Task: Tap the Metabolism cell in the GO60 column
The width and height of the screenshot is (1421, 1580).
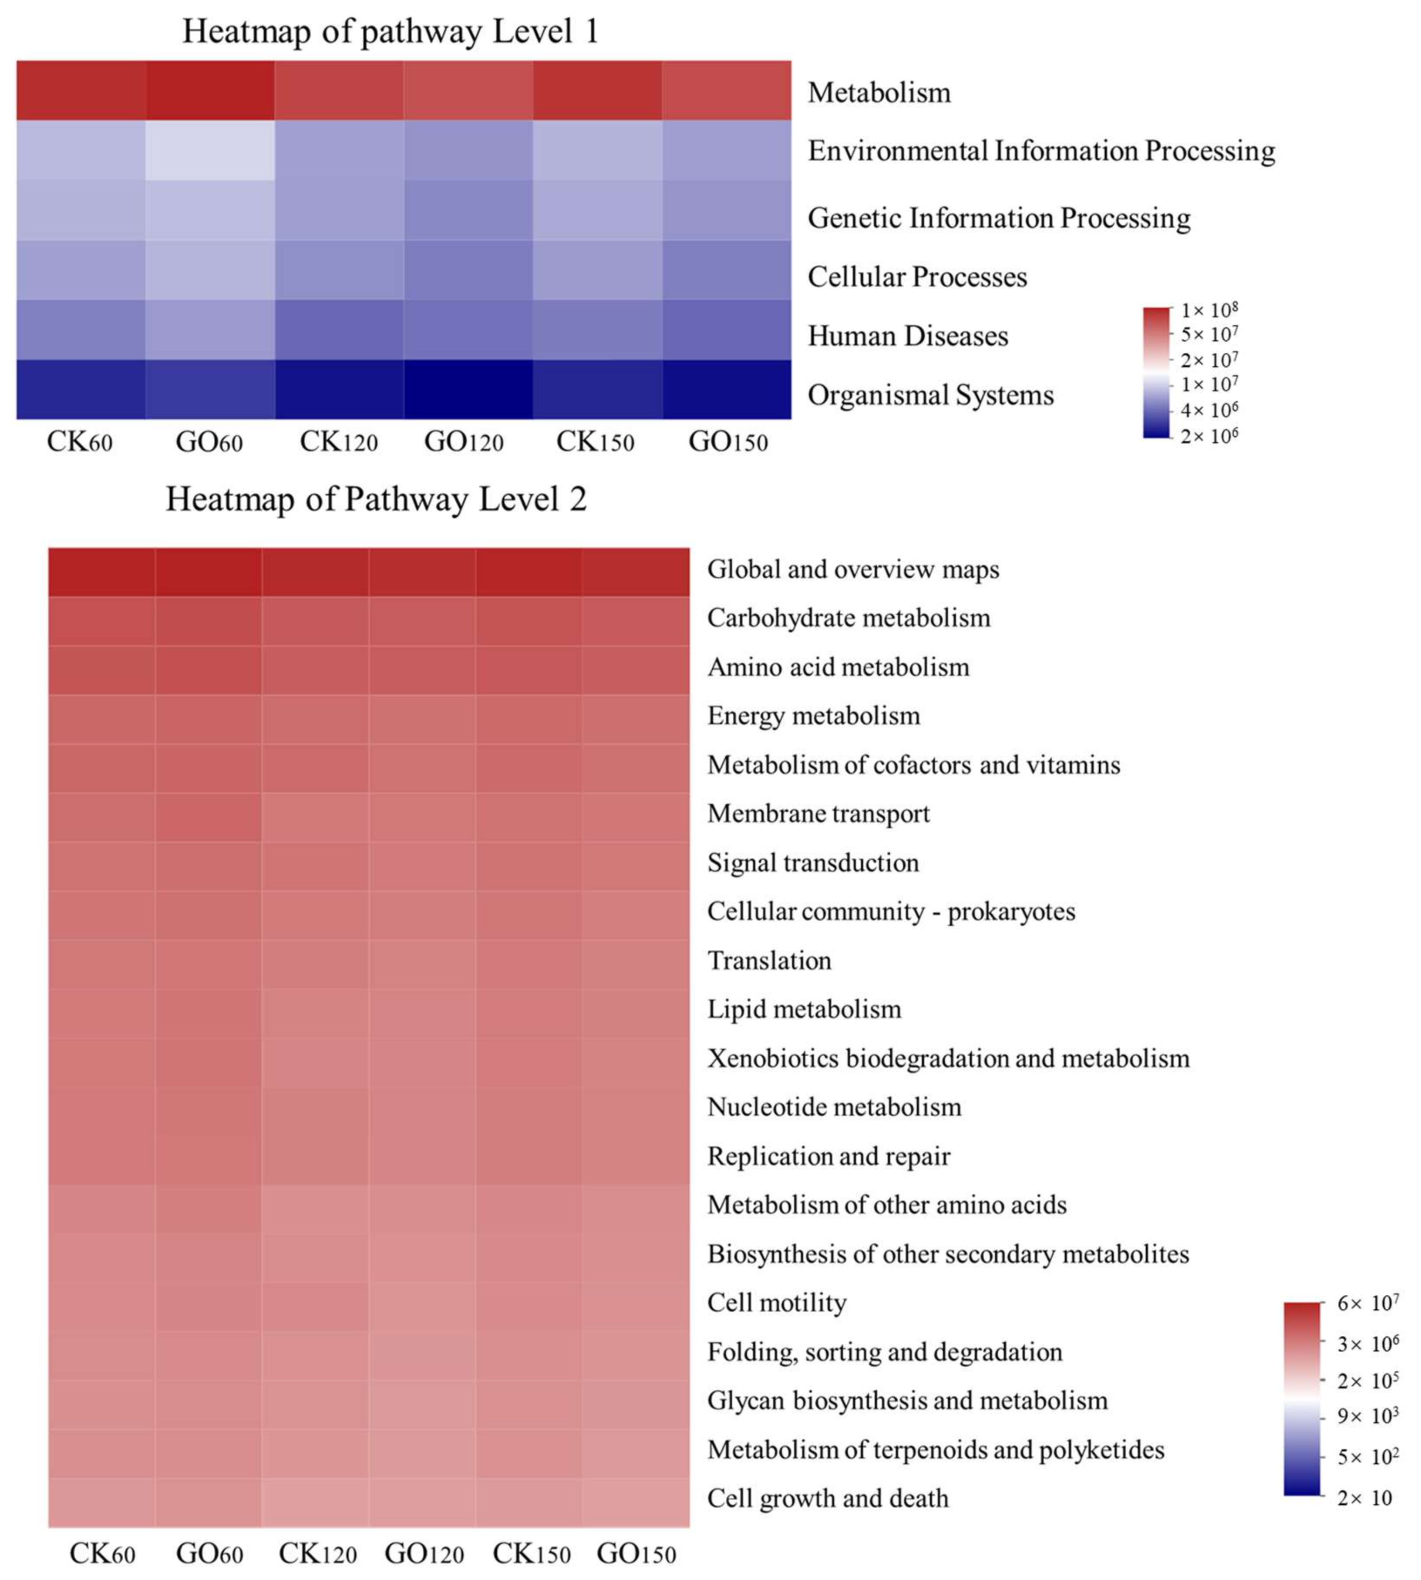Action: tap(210, 91)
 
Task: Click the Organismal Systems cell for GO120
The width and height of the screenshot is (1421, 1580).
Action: tap(468, 390)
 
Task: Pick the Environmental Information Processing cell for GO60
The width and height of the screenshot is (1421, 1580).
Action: tap(210, 150)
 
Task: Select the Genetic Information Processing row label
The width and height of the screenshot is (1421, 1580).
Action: tap(999, 218)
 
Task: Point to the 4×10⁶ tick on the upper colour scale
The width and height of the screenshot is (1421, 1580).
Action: tap(1209, 410)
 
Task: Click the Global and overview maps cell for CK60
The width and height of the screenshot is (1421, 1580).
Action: tap(101, 572)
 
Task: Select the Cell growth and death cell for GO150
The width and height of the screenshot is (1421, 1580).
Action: tap(636, 1502)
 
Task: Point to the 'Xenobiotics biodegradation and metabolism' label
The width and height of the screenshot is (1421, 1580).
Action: tap(948, 1058)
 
